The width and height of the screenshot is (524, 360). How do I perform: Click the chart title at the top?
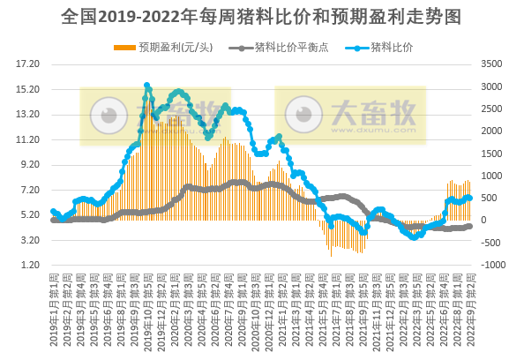[262, 17]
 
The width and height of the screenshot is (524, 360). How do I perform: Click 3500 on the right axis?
[492, 64]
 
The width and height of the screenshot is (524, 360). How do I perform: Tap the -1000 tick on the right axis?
[492, 266]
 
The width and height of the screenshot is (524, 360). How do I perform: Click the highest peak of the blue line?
[146, 86]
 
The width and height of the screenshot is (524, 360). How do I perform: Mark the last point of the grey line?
[469, 226]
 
